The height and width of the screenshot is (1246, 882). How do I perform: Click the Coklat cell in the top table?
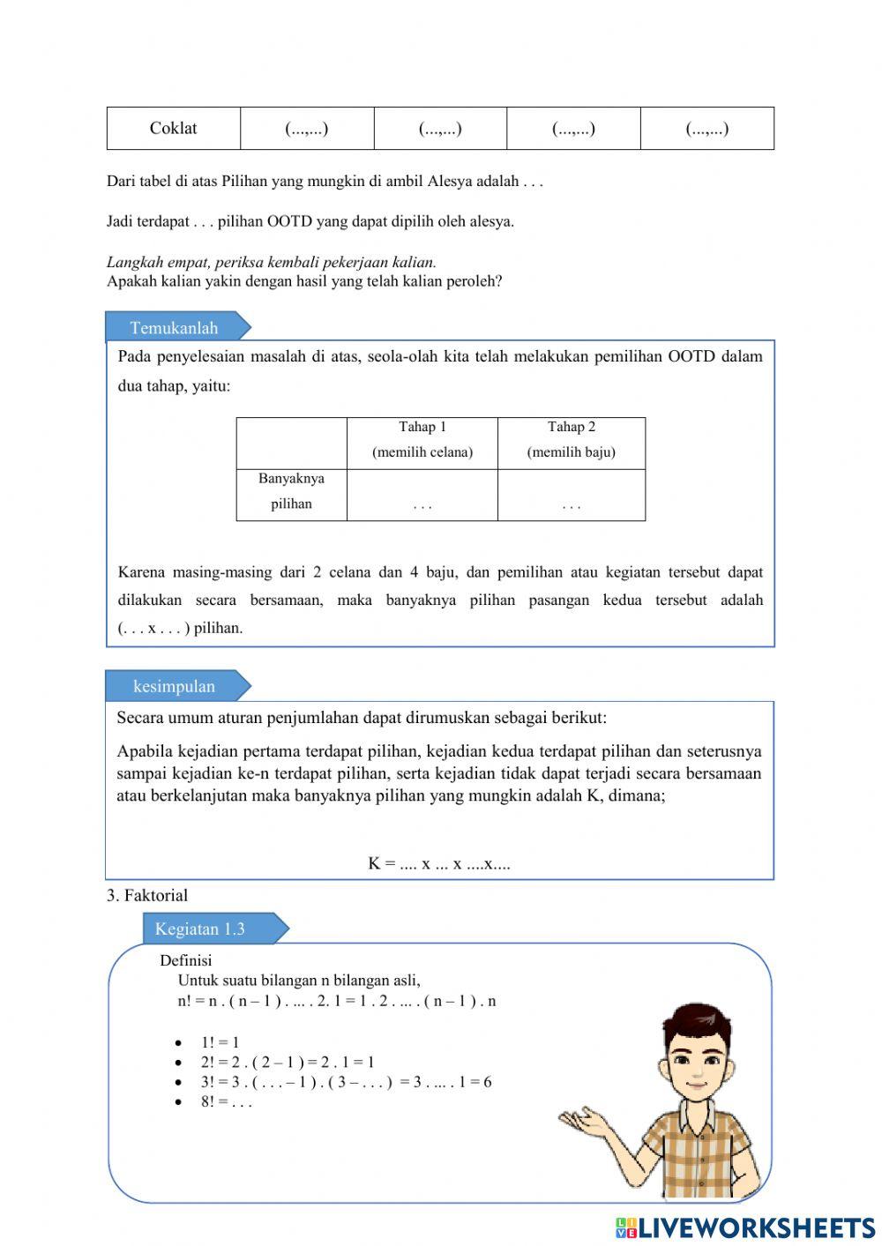click(173, 129)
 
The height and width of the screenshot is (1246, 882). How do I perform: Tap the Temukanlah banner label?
click(174, 328)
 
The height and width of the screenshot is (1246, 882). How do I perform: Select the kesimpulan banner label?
click(174, 686)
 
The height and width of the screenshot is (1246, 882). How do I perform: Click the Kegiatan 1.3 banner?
click(200, 929)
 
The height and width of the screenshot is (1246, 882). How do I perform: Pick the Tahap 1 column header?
click(422, 439)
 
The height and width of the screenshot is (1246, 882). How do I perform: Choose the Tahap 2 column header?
click(571, 439)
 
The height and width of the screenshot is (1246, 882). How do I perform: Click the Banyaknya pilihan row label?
click(291, 491)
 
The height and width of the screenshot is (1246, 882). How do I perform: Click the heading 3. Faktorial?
click(147, 896)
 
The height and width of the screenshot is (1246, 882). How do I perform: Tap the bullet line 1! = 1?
click(220, 1042)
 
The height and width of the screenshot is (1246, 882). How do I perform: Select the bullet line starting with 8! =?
click(226, 1102)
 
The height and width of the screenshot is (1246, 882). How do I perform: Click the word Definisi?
click(186, 961)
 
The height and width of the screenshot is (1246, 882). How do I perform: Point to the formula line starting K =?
click(439, 864)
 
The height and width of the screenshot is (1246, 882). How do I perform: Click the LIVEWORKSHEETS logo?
click(745, 1227)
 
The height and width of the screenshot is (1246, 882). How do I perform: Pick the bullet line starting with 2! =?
click(287, 1063)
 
